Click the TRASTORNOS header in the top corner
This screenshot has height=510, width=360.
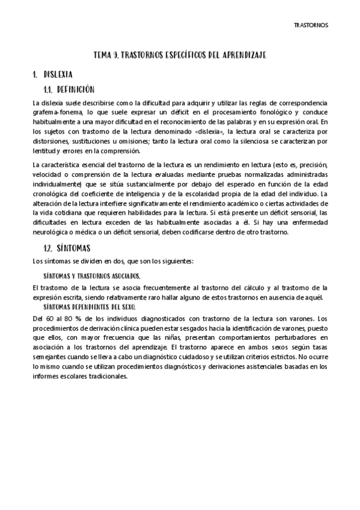point(310,25)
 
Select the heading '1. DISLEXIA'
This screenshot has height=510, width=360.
point(53,75)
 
